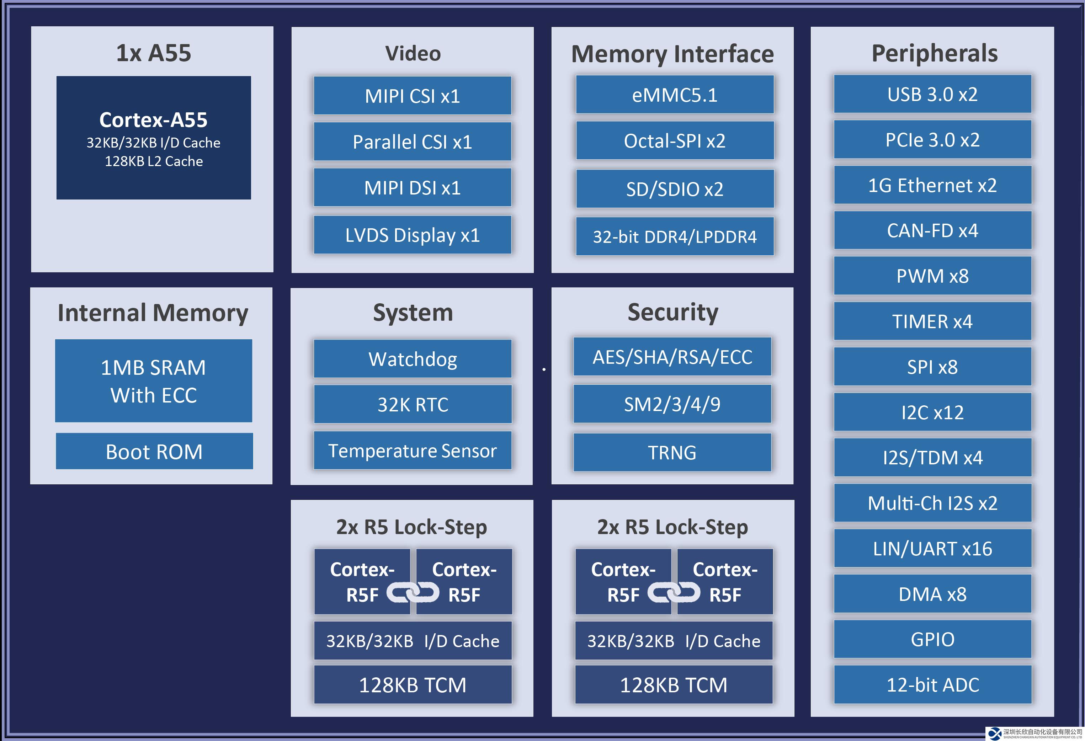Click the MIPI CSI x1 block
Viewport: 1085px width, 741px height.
[x=412, y=96]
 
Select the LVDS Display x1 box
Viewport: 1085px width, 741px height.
[x=412, y=235]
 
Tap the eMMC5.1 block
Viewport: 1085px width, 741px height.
[x=674, y=95]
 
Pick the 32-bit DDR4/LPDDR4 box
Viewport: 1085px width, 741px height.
[x=674, y=237]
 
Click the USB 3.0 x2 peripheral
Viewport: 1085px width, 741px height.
[x=932, y=94]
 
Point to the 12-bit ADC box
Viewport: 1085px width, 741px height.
[x=932, y=684]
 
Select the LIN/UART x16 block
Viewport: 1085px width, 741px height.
[x=932, y=549]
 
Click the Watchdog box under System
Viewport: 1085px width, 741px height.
[x=412, y=359]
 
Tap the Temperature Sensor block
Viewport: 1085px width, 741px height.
[x=412, y=451]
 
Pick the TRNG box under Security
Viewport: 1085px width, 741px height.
[x=672, y=452]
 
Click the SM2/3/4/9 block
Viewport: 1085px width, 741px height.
[x=672, y=404]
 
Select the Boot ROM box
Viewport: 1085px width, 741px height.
[x=154, y=452]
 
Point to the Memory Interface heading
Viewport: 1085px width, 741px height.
[x=672, y=54]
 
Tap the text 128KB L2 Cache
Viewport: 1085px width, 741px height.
[x=154, y=161]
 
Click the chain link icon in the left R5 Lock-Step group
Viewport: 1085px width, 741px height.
[x=413, y=593]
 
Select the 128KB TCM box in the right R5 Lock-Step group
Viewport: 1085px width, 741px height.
[x=673, y=685]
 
